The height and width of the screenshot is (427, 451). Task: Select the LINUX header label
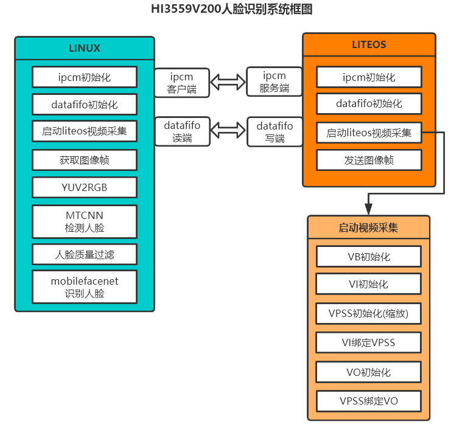85,48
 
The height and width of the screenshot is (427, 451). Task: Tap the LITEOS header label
369,44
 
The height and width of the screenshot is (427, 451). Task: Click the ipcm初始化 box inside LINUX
85,77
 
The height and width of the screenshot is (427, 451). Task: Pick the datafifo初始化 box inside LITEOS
369,103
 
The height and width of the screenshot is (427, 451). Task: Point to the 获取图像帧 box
85,160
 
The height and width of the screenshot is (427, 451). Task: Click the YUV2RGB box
85,187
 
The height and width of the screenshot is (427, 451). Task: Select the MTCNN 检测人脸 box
85,221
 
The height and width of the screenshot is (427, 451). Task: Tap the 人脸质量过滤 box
85,255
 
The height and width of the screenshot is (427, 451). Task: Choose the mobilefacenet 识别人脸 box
85,287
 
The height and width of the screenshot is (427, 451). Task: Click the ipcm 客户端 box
182,83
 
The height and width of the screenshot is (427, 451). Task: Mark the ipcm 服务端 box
274,83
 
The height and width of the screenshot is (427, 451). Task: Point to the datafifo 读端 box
182,131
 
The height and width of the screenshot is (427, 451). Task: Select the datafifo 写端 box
274,131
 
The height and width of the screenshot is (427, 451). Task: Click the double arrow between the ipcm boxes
228,82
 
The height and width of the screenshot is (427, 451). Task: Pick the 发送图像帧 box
369,160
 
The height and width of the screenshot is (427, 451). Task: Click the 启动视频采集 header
369,228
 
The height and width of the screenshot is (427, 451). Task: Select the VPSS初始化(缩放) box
369,314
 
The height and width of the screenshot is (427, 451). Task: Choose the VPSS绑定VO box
369,401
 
